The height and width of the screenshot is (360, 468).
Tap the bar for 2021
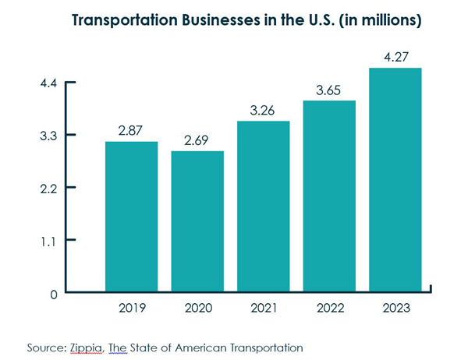(264, 206)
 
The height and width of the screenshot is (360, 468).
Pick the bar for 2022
(329, 196)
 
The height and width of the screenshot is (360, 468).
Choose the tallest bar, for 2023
(395, 180)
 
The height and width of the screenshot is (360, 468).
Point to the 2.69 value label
(197, 140)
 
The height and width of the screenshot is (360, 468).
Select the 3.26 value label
(264, 110)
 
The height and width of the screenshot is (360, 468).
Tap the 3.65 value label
(329, 90)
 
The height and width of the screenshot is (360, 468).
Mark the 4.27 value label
(395, 56)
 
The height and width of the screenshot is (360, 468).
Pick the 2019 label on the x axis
(132, 309)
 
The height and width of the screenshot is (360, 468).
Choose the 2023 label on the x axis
(395, 309)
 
